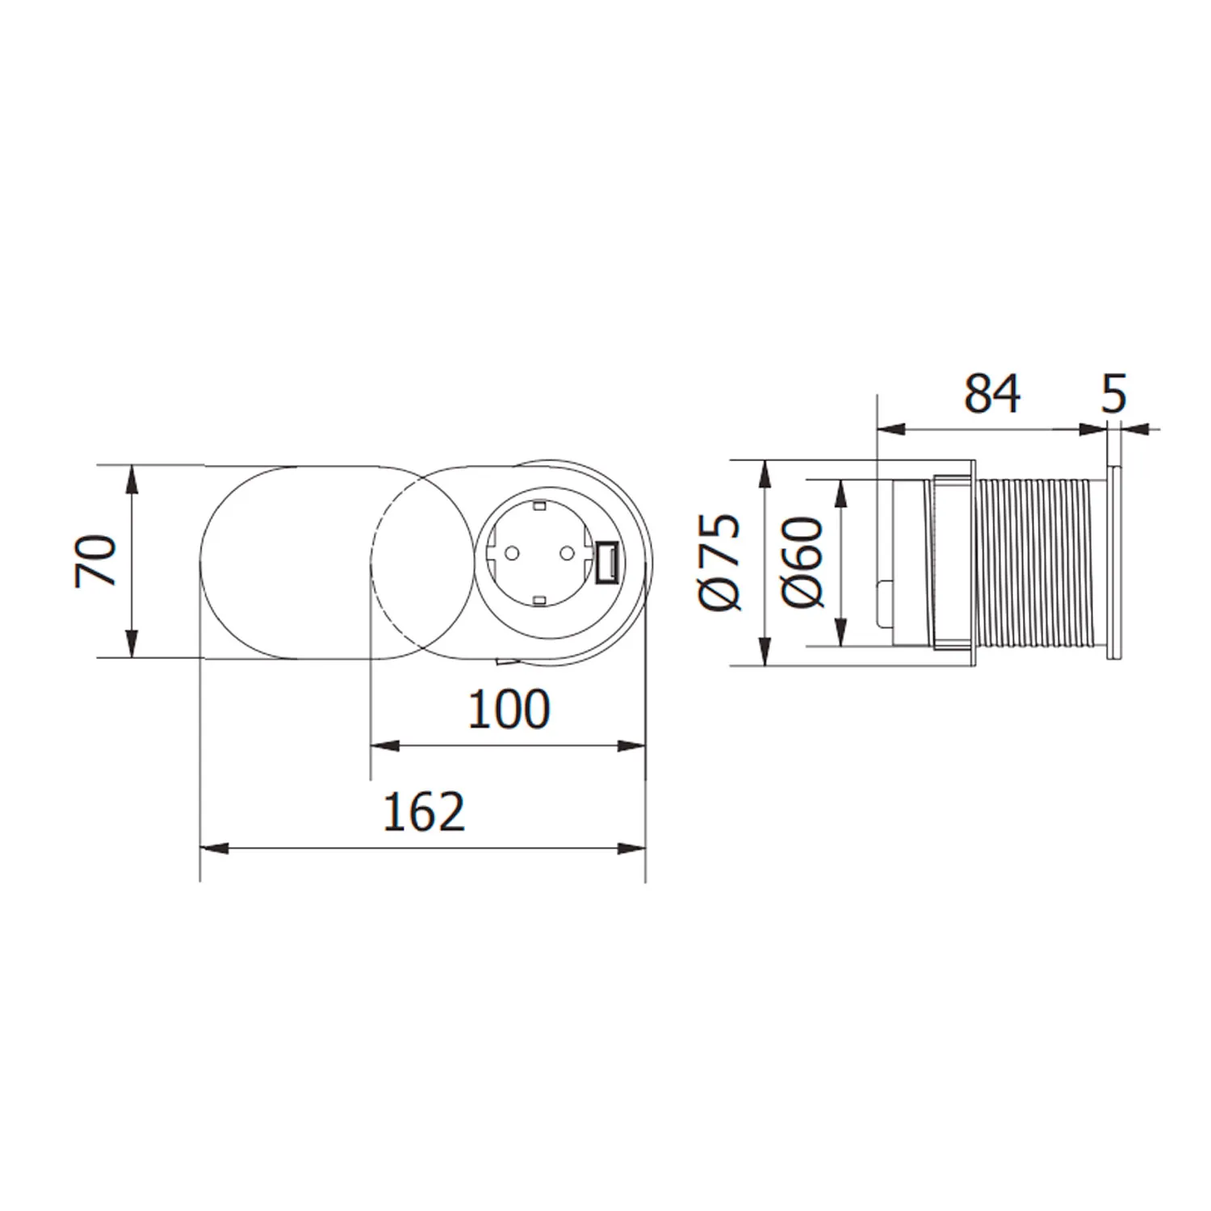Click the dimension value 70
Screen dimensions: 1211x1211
(x=95, y=561)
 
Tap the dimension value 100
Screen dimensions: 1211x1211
(x=509, y=710)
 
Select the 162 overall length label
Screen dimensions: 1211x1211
(x=424, y=812)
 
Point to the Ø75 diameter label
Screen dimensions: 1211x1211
(x=719, y=561)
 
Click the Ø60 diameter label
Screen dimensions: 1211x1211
(x=803, y=562)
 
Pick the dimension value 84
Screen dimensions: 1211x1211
(x=992, y=394)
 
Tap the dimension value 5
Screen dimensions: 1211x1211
(x=1113, y=394)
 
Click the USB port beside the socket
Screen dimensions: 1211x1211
(x=606, y=562)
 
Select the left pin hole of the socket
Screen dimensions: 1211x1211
(x=511, y=554)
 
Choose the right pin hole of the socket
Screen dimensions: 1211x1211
(x=567, y=554)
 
